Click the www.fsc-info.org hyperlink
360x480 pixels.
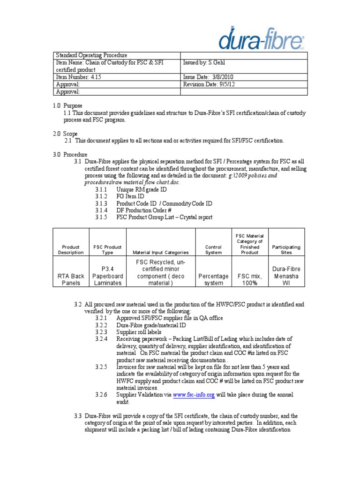(x=194, y=395)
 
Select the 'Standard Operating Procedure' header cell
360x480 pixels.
(x=92, y=55)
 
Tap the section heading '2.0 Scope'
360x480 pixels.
(x=65, y=134)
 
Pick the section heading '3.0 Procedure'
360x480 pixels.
(x=70, y=155)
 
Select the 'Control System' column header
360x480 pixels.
(x=213, y=249)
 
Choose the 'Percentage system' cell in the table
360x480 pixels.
(x=213, y=279)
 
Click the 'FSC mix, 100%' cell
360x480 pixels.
(x=249, y=279)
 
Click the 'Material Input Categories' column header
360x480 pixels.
(x=161, y=252)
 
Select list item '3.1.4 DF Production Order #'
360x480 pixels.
(x=134, y=210)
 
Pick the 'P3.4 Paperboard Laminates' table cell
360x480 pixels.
(x=108, y=276)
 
